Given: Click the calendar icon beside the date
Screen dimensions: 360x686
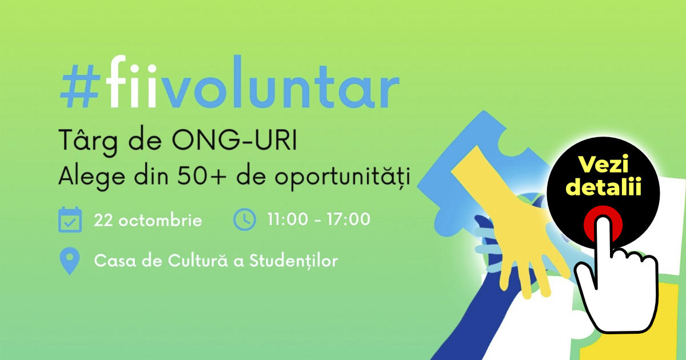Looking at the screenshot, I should click(x=70, y=220).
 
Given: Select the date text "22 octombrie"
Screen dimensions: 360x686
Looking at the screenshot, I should click(x=148, y=220).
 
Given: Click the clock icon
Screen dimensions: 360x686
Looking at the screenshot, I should click(x=245, y=219).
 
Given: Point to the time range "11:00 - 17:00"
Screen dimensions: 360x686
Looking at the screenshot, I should click(x=318, y=219).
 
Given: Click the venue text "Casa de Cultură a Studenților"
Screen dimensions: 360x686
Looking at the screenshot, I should click(x=216, y=261).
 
